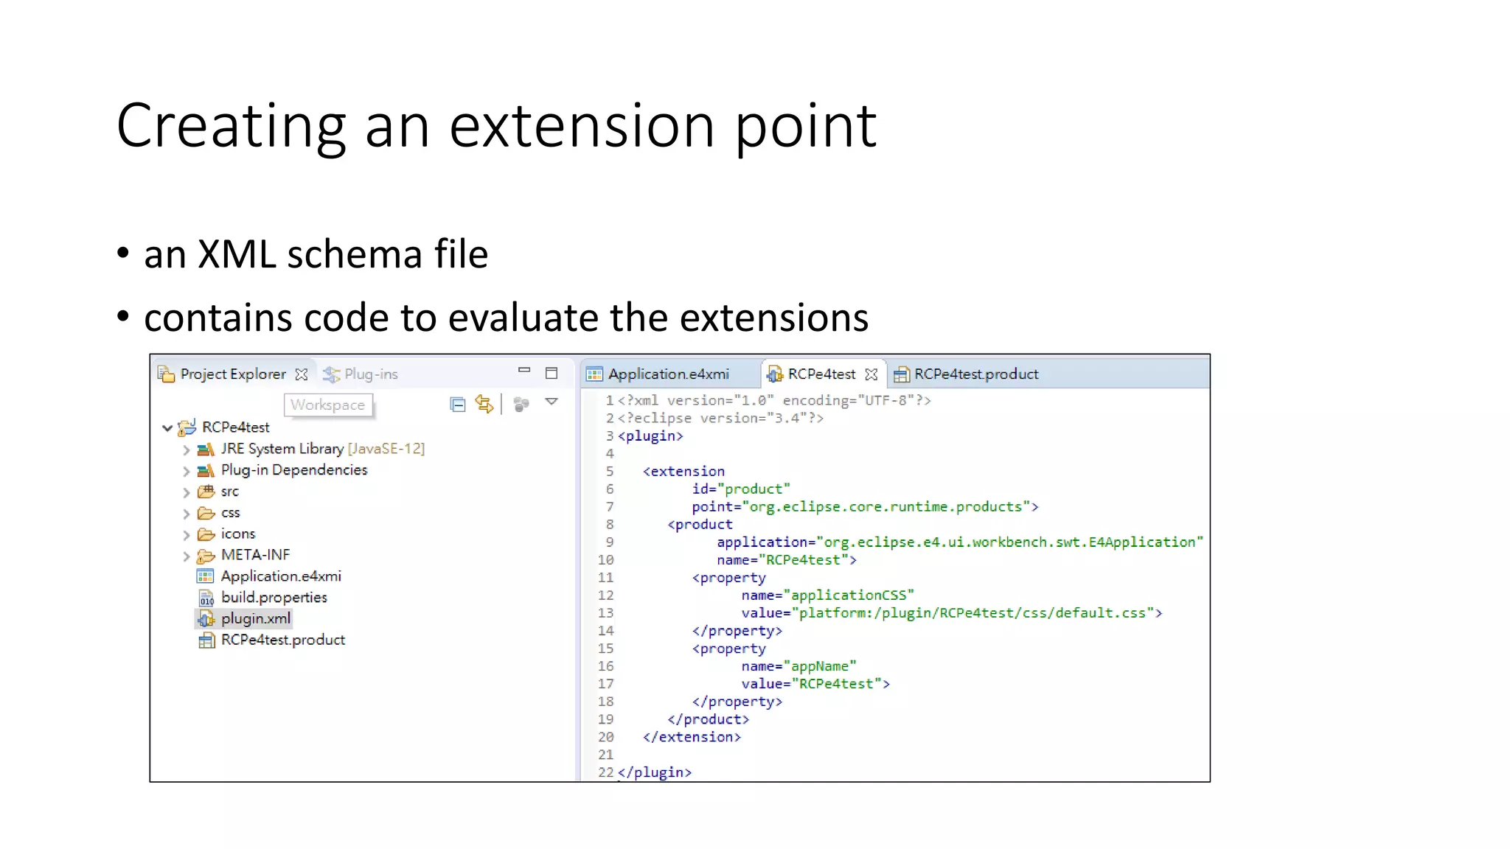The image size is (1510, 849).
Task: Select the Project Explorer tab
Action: (x=232, y=374)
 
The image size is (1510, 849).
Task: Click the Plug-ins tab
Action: (x=370, y=374)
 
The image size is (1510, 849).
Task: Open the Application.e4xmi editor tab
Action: (x=668, y=374)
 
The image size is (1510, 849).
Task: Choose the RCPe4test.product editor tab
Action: (x=975, y=374)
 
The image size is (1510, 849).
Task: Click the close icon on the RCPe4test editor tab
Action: (x=871, y=374)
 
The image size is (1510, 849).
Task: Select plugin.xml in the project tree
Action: (x=255, y=619)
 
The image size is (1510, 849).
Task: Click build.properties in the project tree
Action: (x=274, y=598)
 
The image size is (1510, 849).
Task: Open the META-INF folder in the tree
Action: (x=255, y=555)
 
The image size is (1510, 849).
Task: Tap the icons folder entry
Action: (x=237, y=534)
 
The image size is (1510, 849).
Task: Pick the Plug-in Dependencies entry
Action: (x=293, y=470)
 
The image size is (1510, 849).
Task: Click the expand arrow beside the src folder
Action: (x=187, y=492)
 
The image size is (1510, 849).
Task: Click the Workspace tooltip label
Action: (x=327, y=405)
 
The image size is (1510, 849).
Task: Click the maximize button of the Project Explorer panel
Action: (x=552, y=373)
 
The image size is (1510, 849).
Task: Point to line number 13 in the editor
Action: (x=605, y=613)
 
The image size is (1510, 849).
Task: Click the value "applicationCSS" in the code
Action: (x=852, y=595)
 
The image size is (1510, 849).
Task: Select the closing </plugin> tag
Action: (x=655, y=772)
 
